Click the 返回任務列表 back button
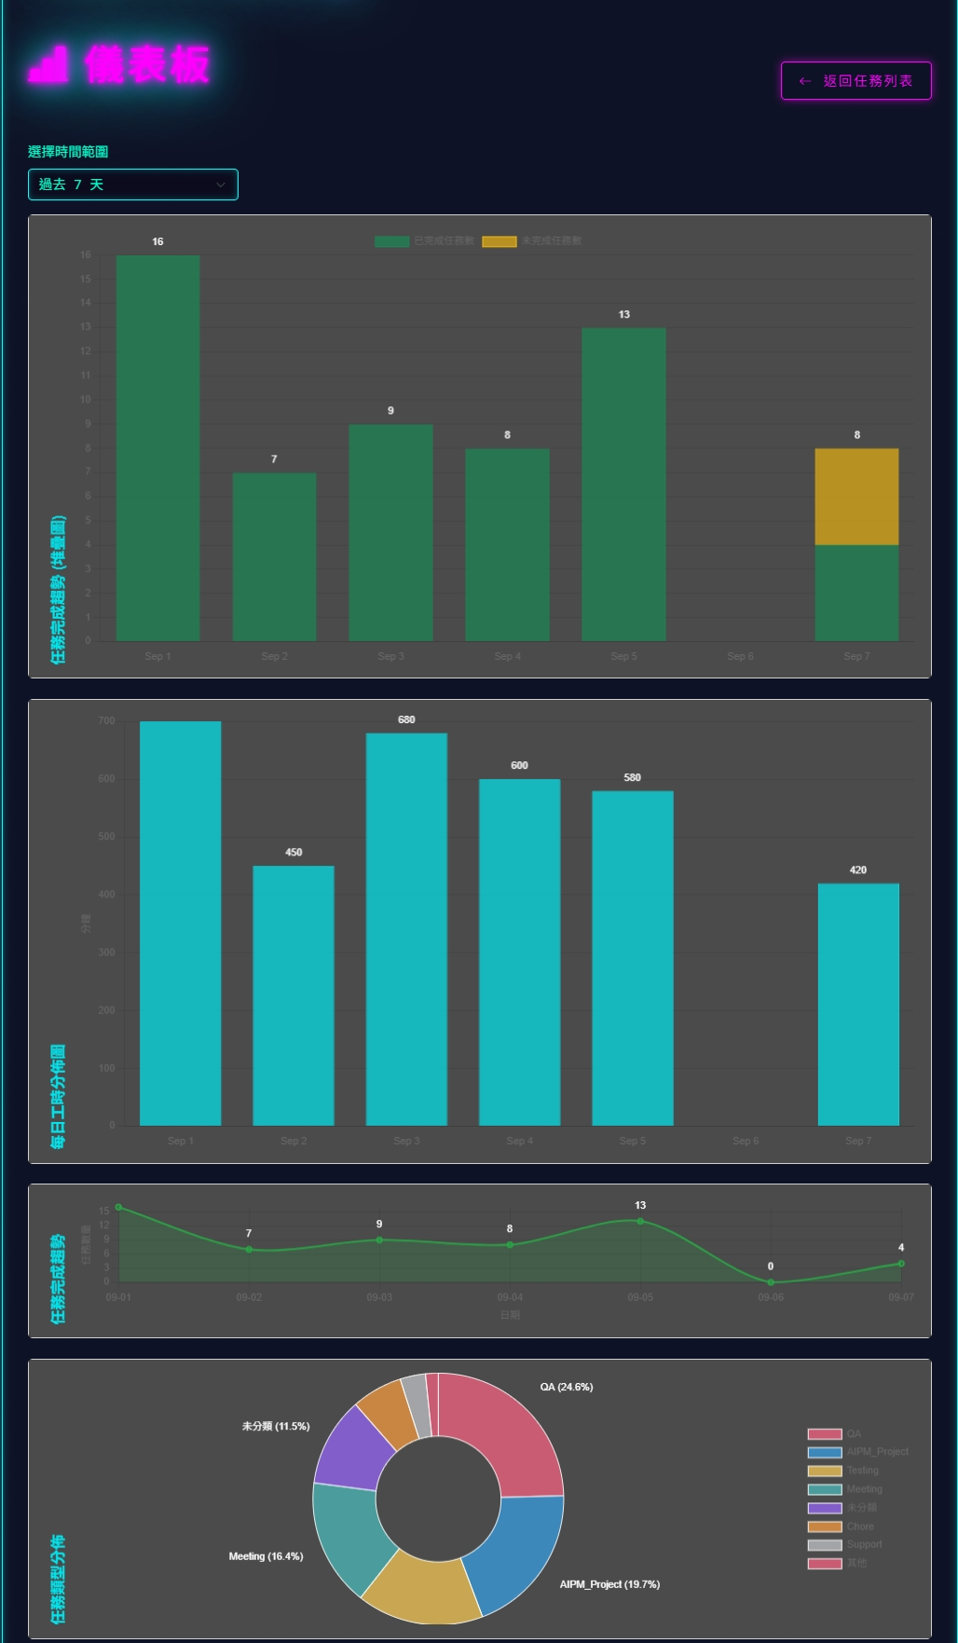[855, 81]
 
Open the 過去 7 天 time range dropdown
[133, 185]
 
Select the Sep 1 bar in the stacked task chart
[157, 447]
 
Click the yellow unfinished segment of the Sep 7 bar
[856, 497]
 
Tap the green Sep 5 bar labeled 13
[623, 484]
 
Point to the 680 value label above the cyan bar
[406, 719]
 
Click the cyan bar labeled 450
[294, 995]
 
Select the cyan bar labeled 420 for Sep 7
[858, 1004]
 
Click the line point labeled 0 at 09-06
[771, 1282]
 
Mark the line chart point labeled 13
[640, 1221]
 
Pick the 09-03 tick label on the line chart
[379, 1297]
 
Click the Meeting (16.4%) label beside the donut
[266, 1556]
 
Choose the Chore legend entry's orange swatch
[825, 1527]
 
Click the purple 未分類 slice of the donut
[355, 1450]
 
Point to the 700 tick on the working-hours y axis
[106, 720]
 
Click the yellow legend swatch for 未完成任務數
[500, 241]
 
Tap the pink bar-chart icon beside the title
[48, 64]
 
